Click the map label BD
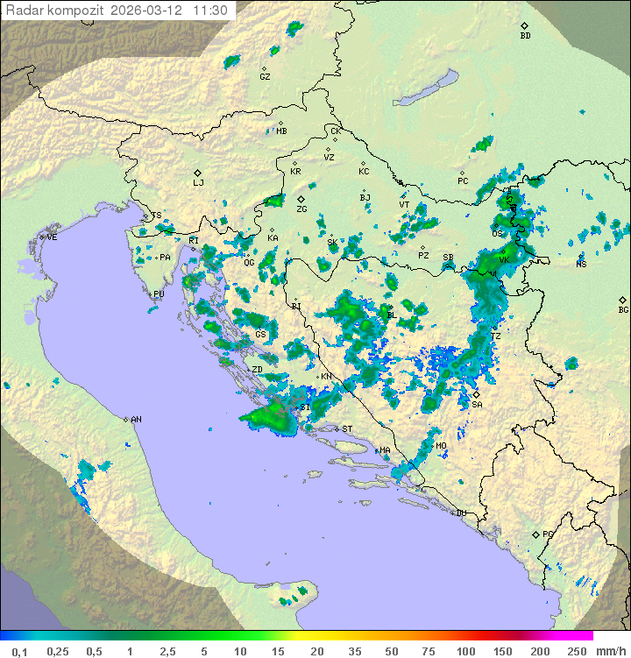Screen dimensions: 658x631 point(525,36)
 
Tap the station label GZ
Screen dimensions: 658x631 point(265,77)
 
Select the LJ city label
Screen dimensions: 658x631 point(198,183)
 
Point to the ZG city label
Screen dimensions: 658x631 point(301,209)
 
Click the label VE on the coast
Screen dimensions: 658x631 point(52,237)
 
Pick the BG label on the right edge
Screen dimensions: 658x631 point(623,310)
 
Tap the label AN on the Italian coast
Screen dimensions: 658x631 point(136,421)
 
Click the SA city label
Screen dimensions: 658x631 point(477,405)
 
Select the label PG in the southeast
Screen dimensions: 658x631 point(548,534)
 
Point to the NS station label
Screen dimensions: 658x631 point(581,265)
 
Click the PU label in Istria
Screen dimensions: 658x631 point(159,295)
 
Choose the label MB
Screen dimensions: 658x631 point(281,131)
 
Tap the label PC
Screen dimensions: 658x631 point(463,181)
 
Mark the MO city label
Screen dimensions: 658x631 point(441,446)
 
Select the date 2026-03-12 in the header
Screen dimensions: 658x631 point(149,11)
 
